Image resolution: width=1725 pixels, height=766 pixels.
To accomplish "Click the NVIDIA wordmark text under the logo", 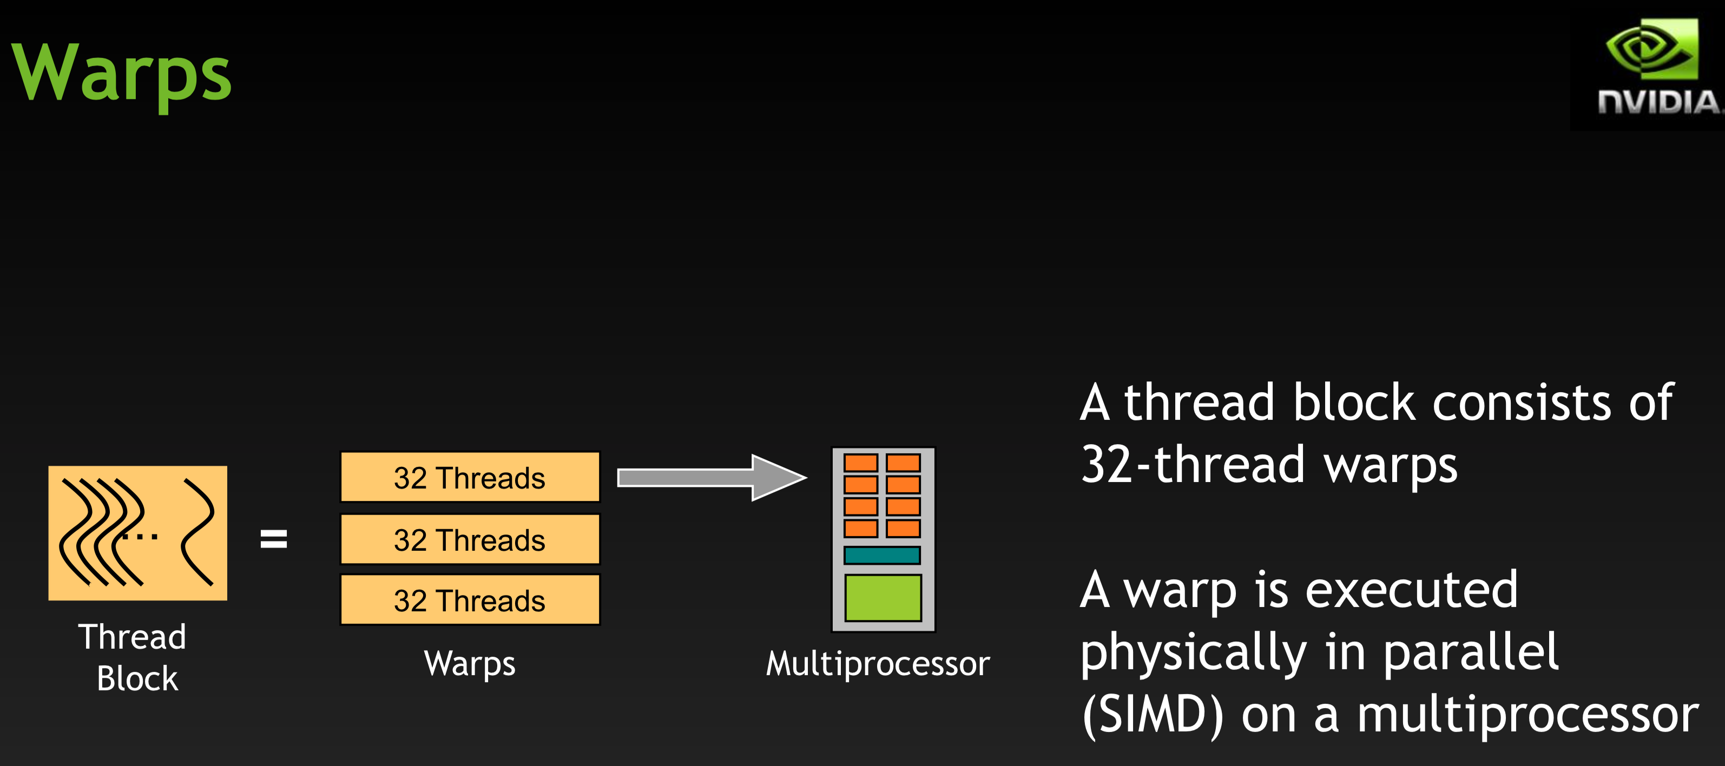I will (1658, 102).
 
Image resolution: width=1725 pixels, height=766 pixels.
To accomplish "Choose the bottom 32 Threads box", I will (470, 600).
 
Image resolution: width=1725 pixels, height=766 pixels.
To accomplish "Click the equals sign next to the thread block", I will (273, 539).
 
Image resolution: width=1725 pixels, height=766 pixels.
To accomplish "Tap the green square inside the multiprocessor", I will (883, 597).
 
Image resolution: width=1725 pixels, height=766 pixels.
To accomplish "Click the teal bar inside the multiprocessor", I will (882, 555).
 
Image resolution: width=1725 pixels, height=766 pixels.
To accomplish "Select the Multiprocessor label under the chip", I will (877, 664).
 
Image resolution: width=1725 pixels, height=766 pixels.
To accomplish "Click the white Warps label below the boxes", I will (470, 664).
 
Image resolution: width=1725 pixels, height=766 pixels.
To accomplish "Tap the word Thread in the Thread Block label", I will (132, 637).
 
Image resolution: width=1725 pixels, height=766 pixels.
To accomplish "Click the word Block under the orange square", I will (137, 679).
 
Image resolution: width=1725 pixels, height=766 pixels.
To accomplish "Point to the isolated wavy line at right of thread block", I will (198, 532).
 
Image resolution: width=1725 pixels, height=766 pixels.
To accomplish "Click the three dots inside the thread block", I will (141, 536).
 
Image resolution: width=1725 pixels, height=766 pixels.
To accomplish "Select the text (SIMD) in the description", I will (1152, 715).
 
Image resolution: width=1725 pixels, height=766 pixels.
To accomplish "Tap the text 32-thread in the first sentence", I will (1193, 465).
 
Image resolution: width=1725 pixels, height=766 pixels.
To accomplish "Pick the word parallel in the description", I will (1471, 653).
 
